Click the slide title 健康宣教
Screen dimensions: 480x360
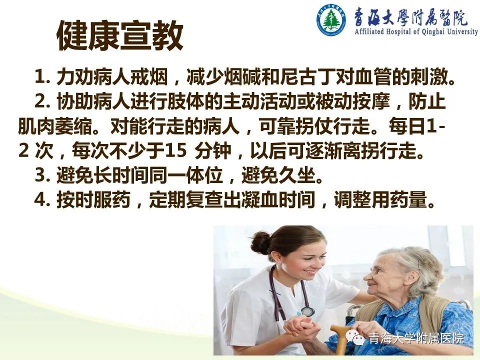tap(120, 35)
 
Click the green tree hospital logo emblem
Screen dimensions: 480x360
tap(331, 19)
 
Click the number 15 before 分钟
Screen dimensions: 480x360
tap(175, 151)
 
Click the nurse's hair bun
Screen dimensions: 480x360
tap(260, 243)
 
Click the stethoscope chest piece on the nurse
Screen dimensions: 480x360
tap(306, 311)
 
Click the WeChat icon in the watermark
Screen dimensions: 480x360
tap(356, 337)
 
